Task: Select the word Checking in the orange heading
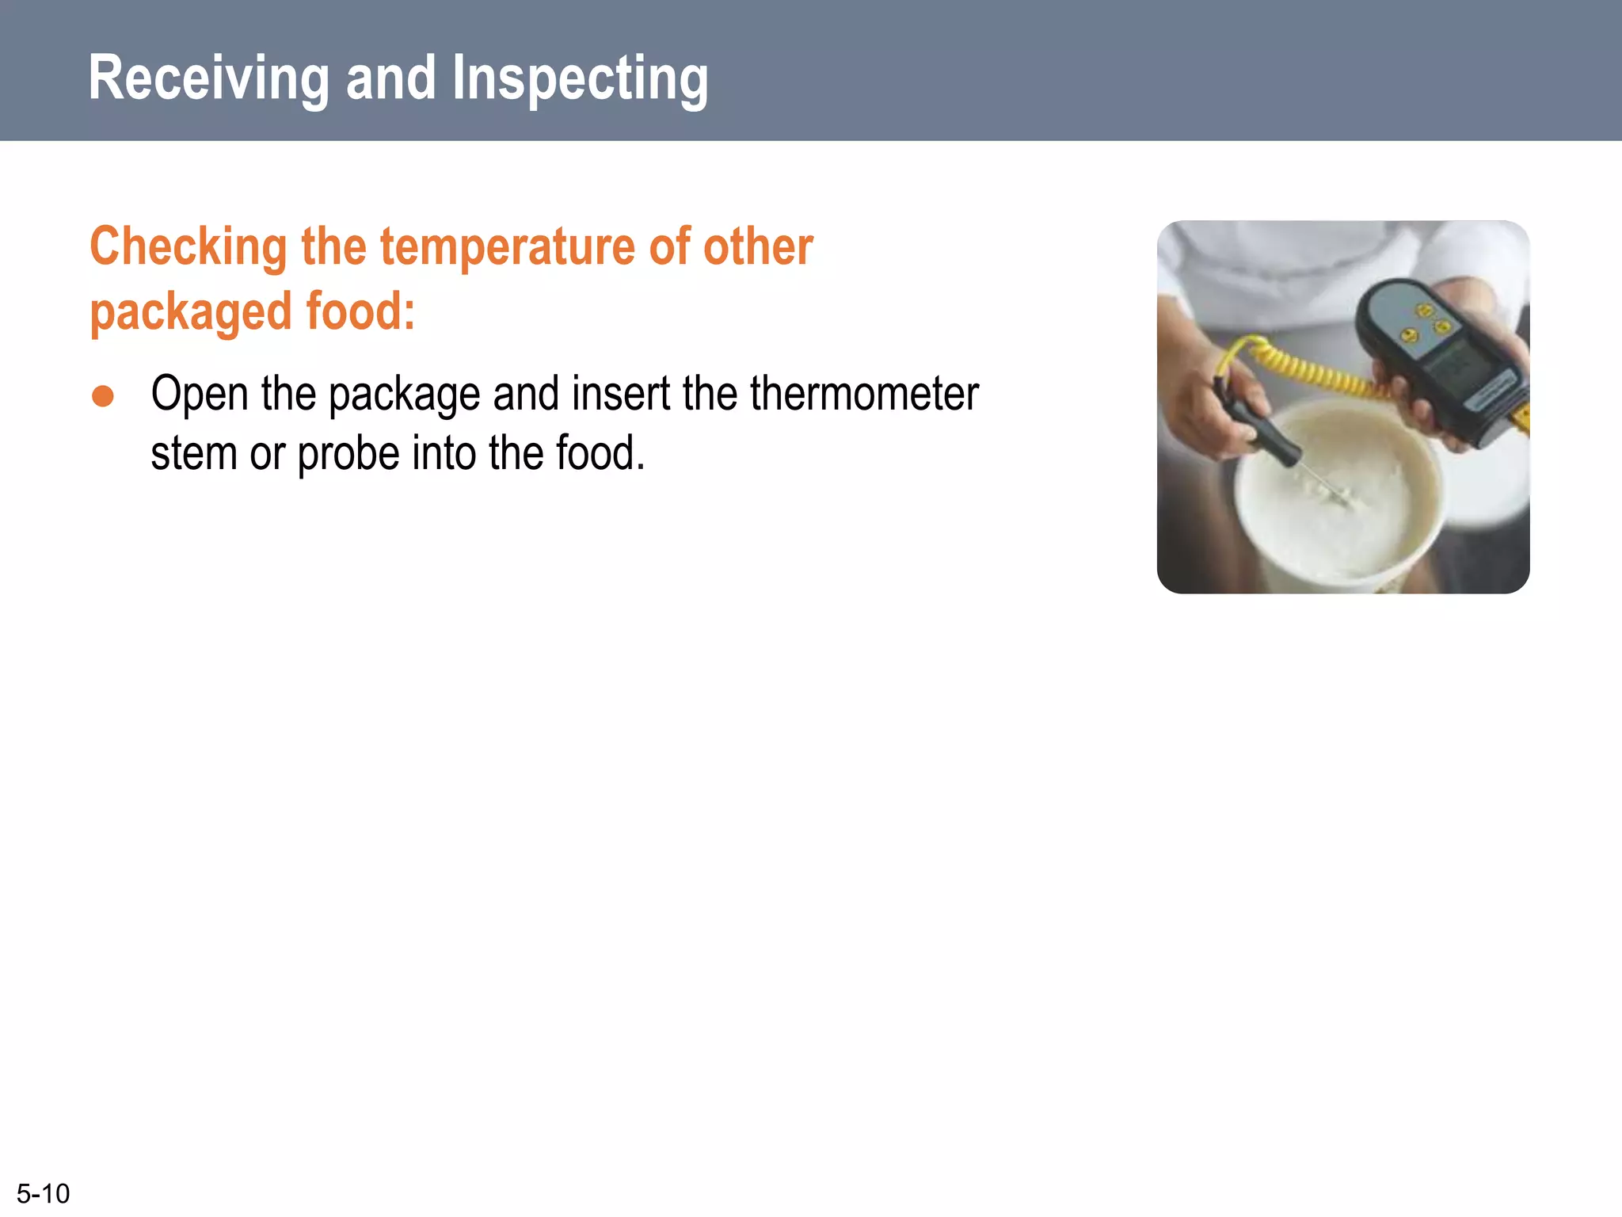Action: (x=188, y=247)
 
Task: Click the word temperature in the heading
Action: (x=508, y=247)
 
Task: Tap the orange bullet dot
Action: (x=103, y=396)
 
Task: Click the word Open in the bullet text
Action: (x=200, y=395)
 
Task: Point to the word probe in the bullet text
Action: (x=348, y=455)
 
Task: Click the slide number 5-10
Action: (x=44, y=1193)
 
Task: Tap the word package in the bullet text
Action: (x=404, y=395)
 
